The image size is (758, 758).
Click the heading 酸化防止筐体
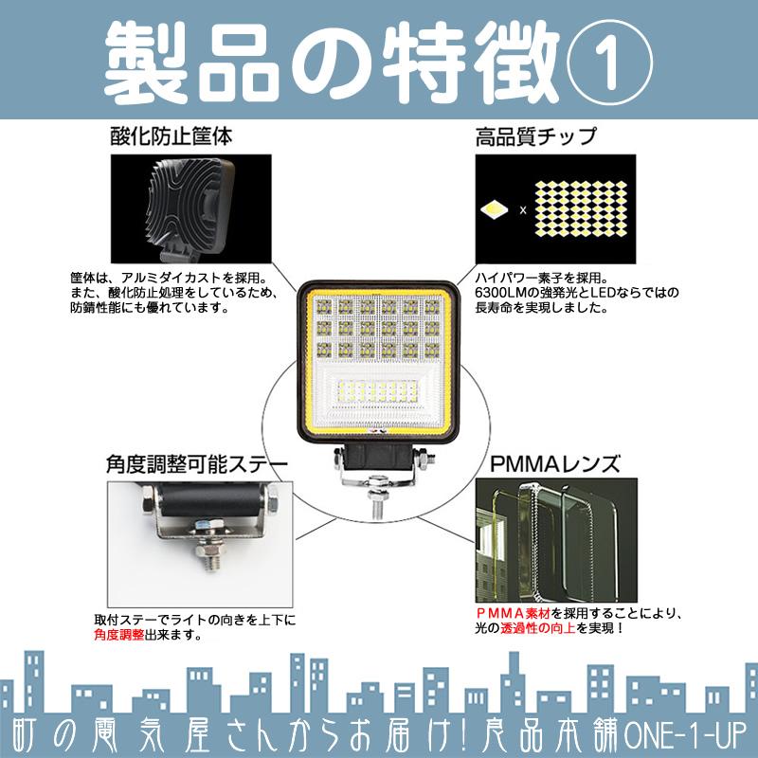[x=171, y=136]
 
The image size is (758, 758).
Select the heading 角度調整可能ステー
[x=197, y=466]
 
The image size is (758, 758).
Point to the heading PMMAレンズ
[x=554, y=466]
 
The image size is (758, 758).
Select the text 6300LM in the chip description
[x=499, y=294]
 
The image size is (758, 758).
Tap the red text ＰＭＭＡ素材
[x=513, y=612]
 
